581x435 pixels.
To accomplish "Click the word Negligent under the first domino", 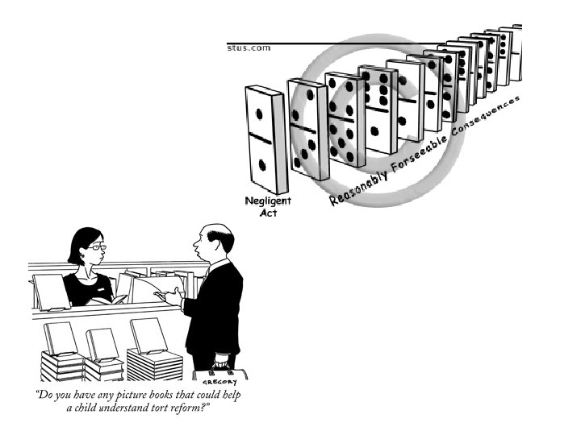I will (269, 201).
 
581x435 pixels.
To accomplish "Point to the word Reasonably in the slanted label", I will (359, 184).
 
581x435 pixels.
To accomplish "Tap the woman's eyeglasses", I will (95, 246).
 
